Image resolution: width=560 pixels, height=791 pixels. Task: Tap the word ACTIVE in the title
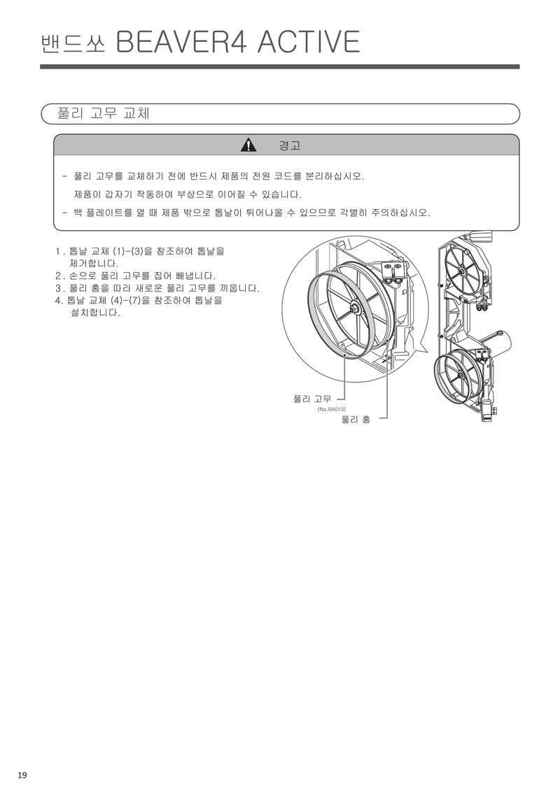(x=309, y=43)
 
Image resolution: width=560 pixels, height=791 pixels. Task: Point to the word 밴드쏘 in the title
(x=72, y=43)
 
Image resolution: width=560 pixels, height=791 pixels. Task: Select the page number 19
(x=22, y=775)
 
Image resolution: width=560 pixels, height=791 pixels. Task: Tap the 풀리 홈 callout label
(x=355, y=419)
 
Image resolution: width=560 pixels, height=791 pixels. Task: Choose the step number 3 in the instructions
(x=58, y=288)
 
